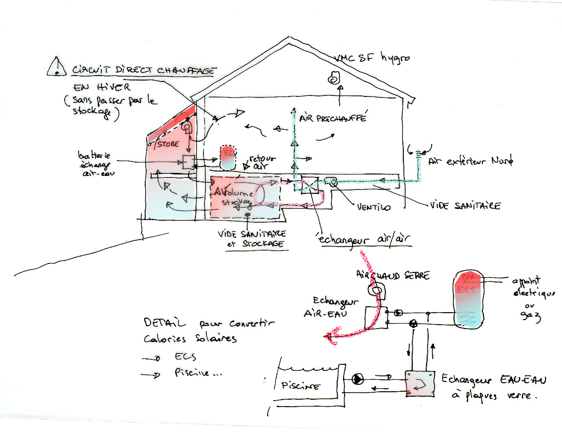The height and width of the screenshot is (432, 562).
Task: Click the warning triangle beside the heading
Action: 57,67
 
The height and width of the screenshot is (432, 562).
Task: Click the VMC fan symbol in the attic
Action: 332,79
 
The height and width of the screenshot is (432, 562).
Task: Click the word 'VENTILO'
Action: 373,206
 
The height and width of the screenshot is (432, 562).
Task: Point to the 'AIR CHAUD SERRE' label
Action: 392,275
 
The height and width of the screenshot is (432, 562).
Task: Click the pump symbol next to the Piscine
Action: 358,379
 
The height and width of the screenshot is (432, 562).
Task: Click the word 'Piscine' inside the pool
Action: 300,386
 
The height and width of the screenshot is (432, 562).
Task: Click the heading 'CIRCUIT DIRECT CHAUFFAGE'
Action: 143,70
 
